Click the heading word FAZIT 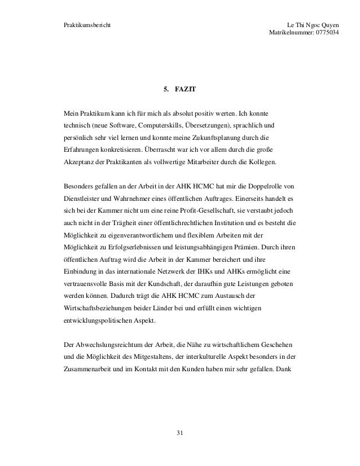pos(185,89)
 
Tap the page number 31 pos(180,432)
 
